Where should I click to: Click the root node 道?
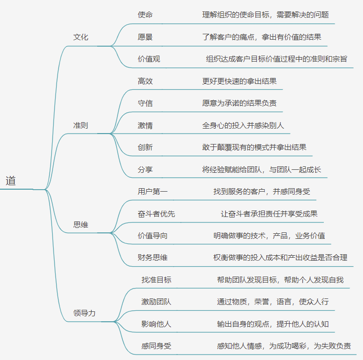point(11,181)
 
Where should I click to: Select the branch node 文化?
point(81,37)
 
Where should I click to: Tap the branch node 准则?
point(81,125)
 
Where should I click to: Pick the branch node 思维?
point(81,224)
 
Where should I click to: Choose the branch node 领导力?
point(84,313)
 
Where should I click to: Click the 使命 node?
point(145,14)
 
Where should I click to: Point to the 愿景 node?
point(145,37)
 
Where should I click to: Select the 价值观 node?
point(149,59)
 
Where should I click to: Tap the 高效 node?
point(145,81)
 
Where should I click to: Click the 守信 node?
point(145,103)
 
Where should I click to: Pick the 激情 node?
point(145,125)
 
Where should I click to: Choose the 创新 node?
point(145,147)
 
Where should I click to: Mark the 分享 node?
point(145,169)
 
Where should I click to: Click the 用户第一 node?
point(153,191)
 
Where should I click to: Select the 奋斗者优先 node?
point(156,214)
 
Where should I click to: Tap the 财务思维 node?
point(153,257)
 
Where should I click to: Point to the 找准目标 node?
point(156,280)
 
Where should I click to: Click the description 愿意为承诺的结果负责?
point(240,103)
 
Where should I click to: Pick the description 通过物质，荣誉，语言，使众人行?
point(273,301)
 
